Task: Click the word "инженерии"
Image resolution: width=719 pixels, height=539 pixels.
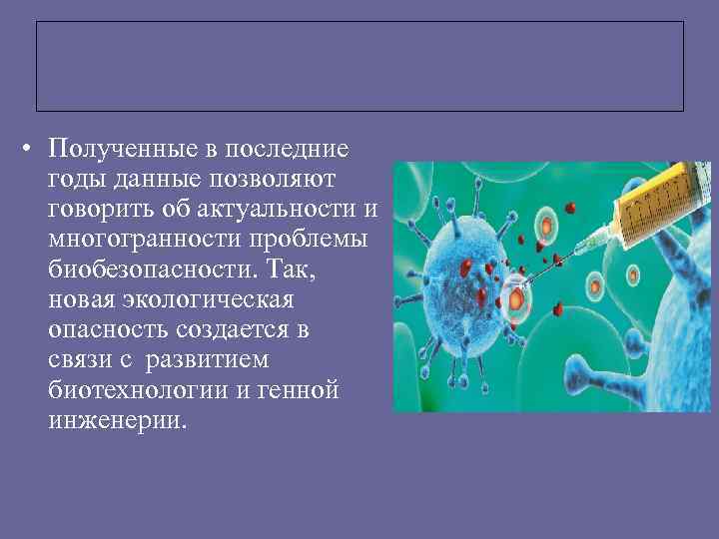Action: (x=114, y=420)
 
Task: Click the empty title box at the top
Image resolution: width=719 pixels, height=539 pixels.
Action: (x=359, y=66)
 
